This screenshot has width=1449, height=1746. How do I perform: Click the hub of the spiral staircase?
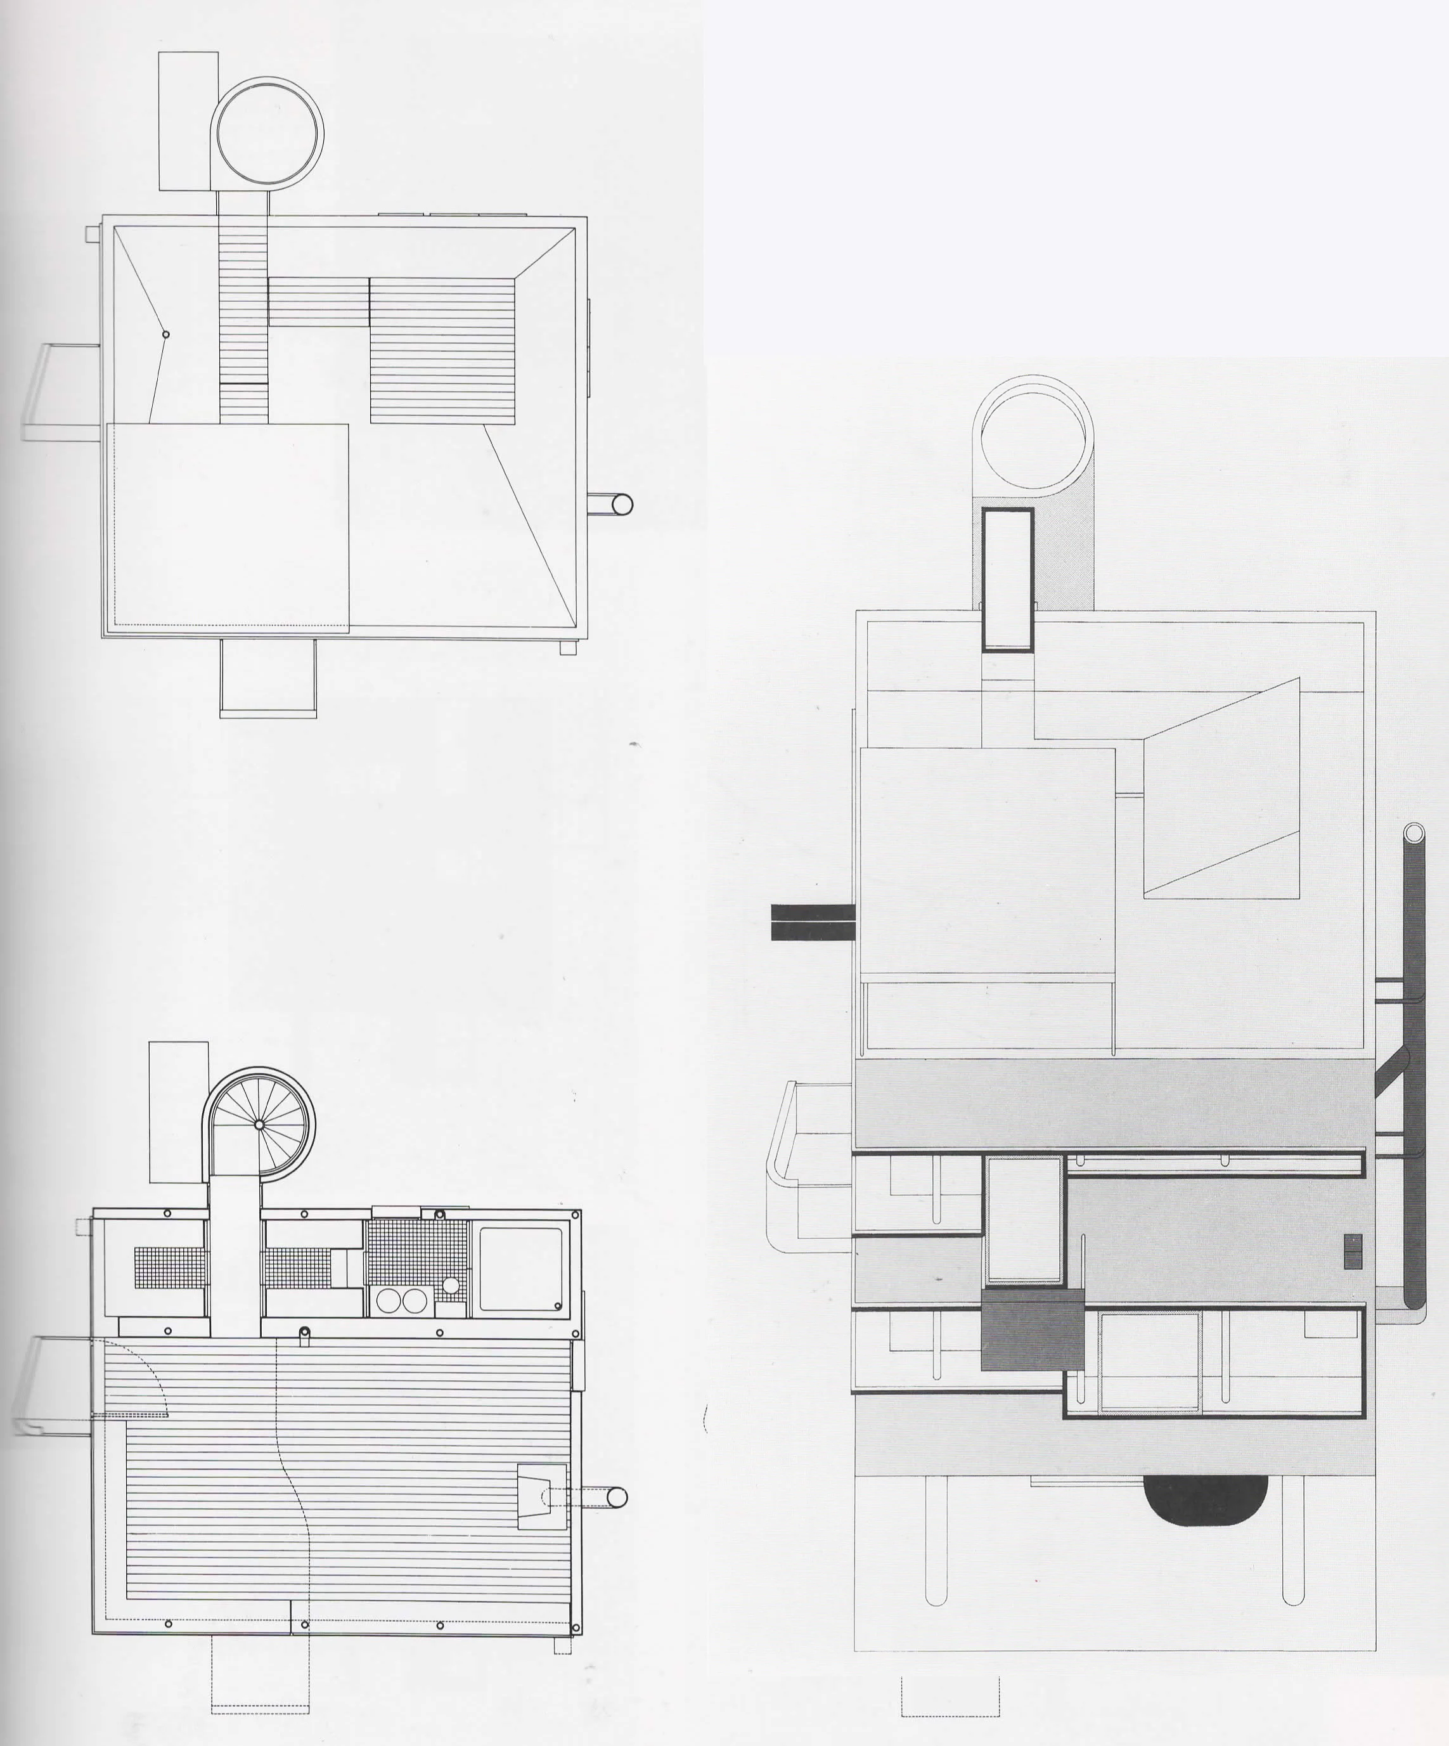(x=259, y=1124)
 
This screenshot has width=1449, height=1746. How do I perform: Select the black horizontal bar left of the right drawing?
(x=812, y=922)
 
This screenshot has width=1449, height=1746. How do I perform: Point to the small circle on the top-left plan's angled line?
(x=165, y=334)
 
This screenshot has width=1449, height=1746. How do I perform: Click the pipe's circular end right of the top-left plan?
(x=621, y=504)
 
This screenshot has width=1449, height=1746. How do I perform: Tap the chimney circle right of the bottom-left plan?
(x=617, y=1497)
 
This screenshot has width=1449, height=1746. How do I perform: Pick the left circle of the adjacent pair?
(x=388, y=1300)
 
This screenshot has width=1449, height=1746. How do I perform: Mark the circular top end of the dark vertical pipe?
(x=1414, y=832)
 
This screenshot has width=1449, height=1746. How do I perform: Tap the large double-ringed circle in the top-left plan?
(x=267, y=133)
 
